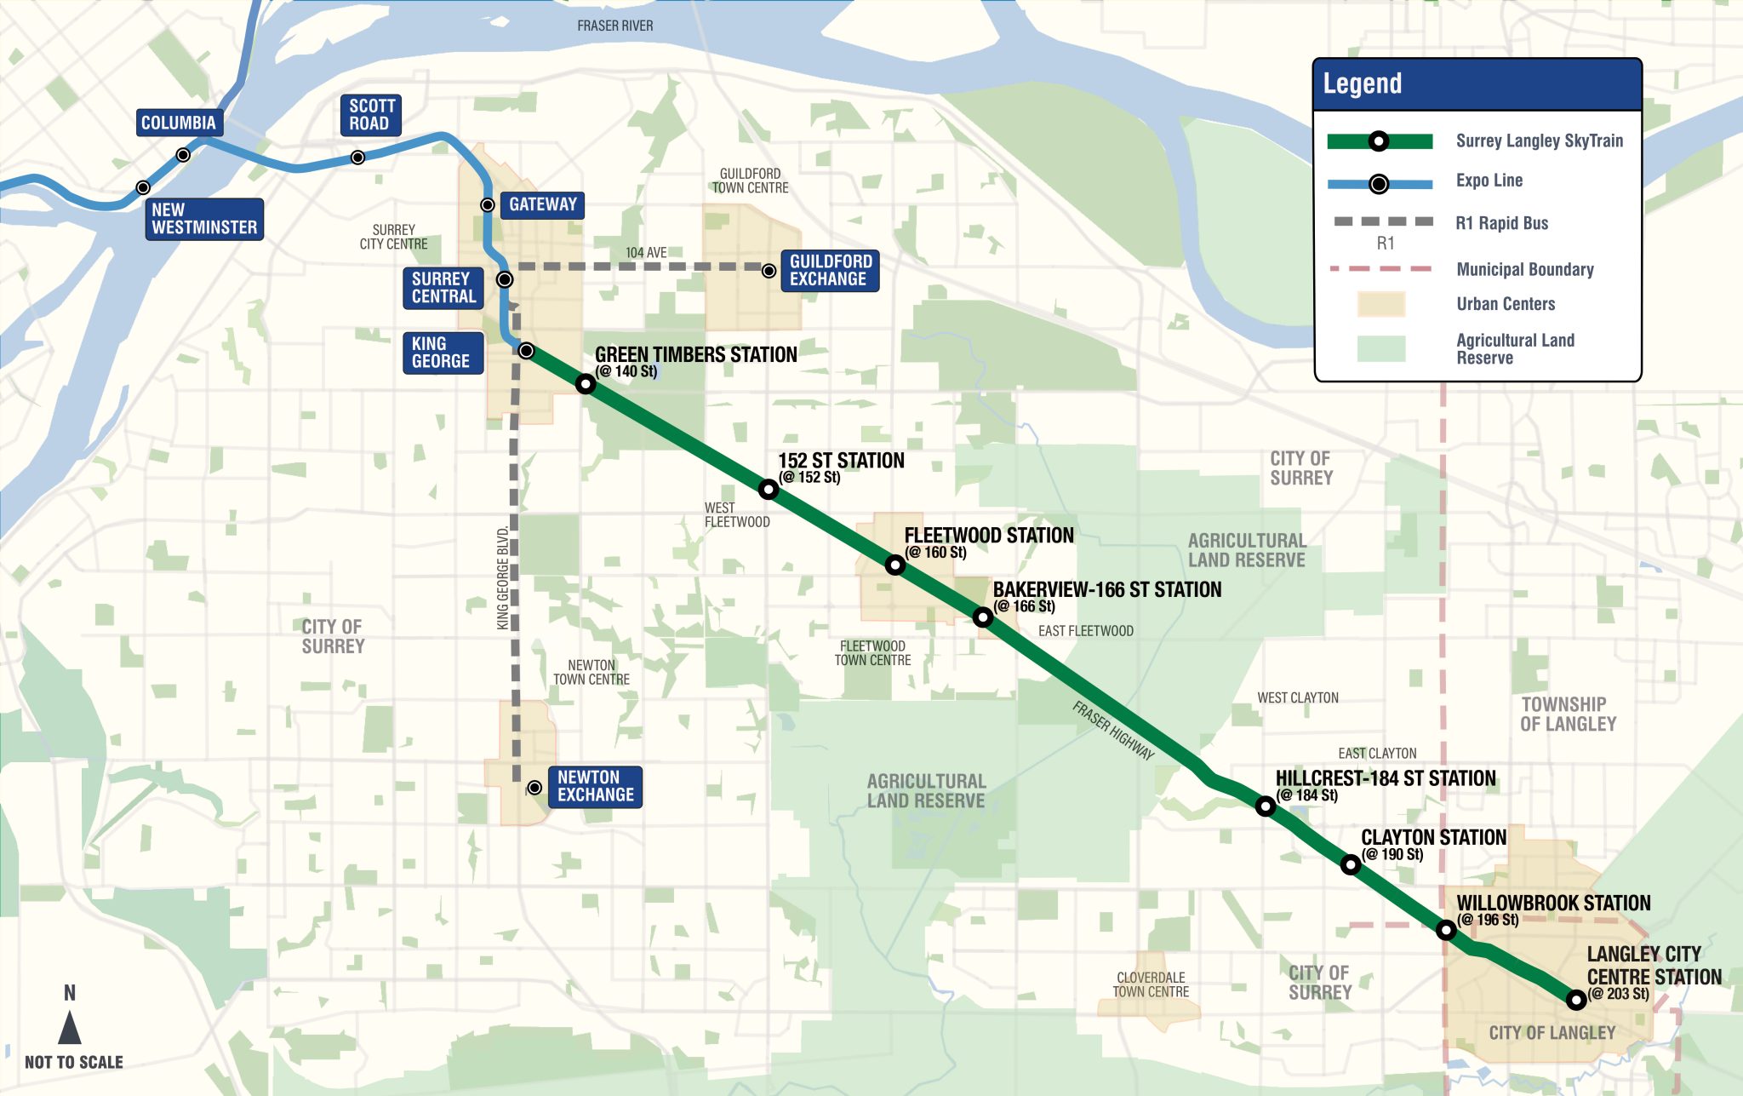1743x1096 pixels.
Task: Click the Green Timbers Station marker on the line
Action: [x=586, y=384]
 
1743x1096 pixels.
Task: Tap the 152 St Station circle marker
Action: [x=769, y=489]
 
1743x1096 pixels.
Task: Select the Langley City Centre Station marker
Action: [x=1576, y=1000]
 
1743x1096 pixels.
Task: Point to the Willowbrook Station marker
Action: [x=1446, y=930]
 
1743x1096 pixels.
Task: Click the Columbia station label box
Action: [x=179, y=123]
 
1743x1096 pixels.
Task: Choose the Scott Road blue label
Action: [x=371, y=115]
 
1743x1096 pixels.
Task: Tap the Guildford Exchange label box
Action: [x=830, y=271]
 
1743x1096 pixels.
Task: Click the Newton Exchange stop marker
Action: [x=534, y=788]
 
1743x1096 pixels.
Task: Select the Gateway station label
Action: [x=542, y=204]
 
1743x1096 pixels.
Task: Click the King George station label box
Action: [x=443, y=353]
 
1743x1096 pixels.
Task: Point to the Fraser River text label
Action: [x=614, y=26]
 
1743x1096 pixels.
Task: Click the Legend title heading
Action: [x=1362, y=83]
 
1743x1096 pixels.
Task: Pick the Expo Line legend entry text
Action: [x=1489, y=181]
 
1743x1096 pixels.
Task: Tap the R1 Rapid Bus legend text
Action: [x=1501, y=223]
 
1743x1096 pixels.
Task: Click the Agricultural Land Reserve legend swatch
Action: [x=1380, y=348]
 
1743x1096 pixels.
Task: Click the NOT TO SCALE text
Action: [x=74, y=1062]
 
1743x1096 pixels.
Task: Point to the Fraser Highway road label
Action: [x=1112, y=731]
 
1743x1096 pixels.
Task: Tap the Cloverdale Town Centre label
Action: [x=1151, y=984]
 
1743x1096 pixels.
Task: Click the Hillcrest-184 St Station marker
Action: [x=1266, y=806]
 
